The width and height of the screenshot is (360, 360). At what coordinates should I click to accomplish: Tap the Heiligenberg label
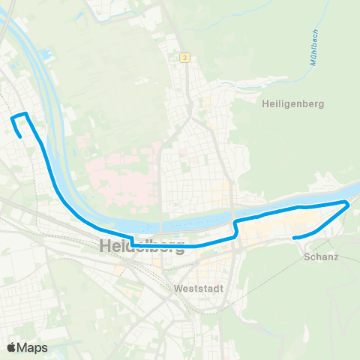click(293, 104)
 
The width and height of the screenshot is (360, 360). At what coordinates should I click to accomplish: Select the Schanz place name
click(322, 256)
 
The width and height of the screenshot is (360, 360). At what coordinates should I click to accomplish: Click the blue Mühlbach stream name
click(313, 49)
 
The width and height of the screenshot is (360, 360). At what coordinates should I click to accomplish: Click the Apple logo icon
click(12, 347)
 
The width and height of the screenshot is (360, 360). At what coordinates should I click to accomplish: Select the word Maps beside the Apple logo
click(33, 347)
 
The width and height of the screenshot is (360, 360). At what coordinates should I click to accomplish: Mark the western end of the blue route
click(19, 136)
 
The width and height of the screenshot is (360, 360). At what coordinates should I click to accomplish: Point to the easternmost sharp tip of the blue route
click(349, 202)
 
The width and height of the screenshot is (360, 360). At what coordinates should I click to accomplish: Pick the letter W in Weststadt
click(176, 288)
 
